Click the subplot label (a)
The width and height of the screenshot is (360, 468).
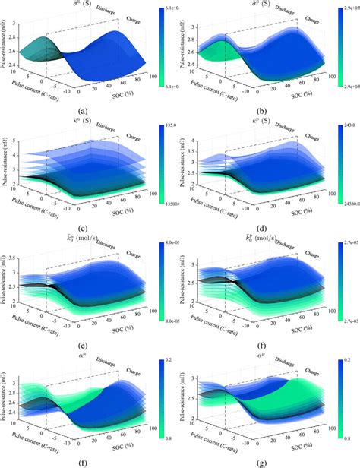pyautogui.click(x=90, y=112)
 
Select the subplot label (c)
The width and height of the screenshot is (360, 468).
pyautogui.click(x=90, y=227)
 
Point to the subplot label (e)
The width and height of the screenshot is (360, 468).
pyautogui.click(x=90, y=343)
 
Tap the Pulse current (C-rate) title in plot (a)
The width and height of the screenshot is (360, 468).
pyautogui.click(x=43, y=97)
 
